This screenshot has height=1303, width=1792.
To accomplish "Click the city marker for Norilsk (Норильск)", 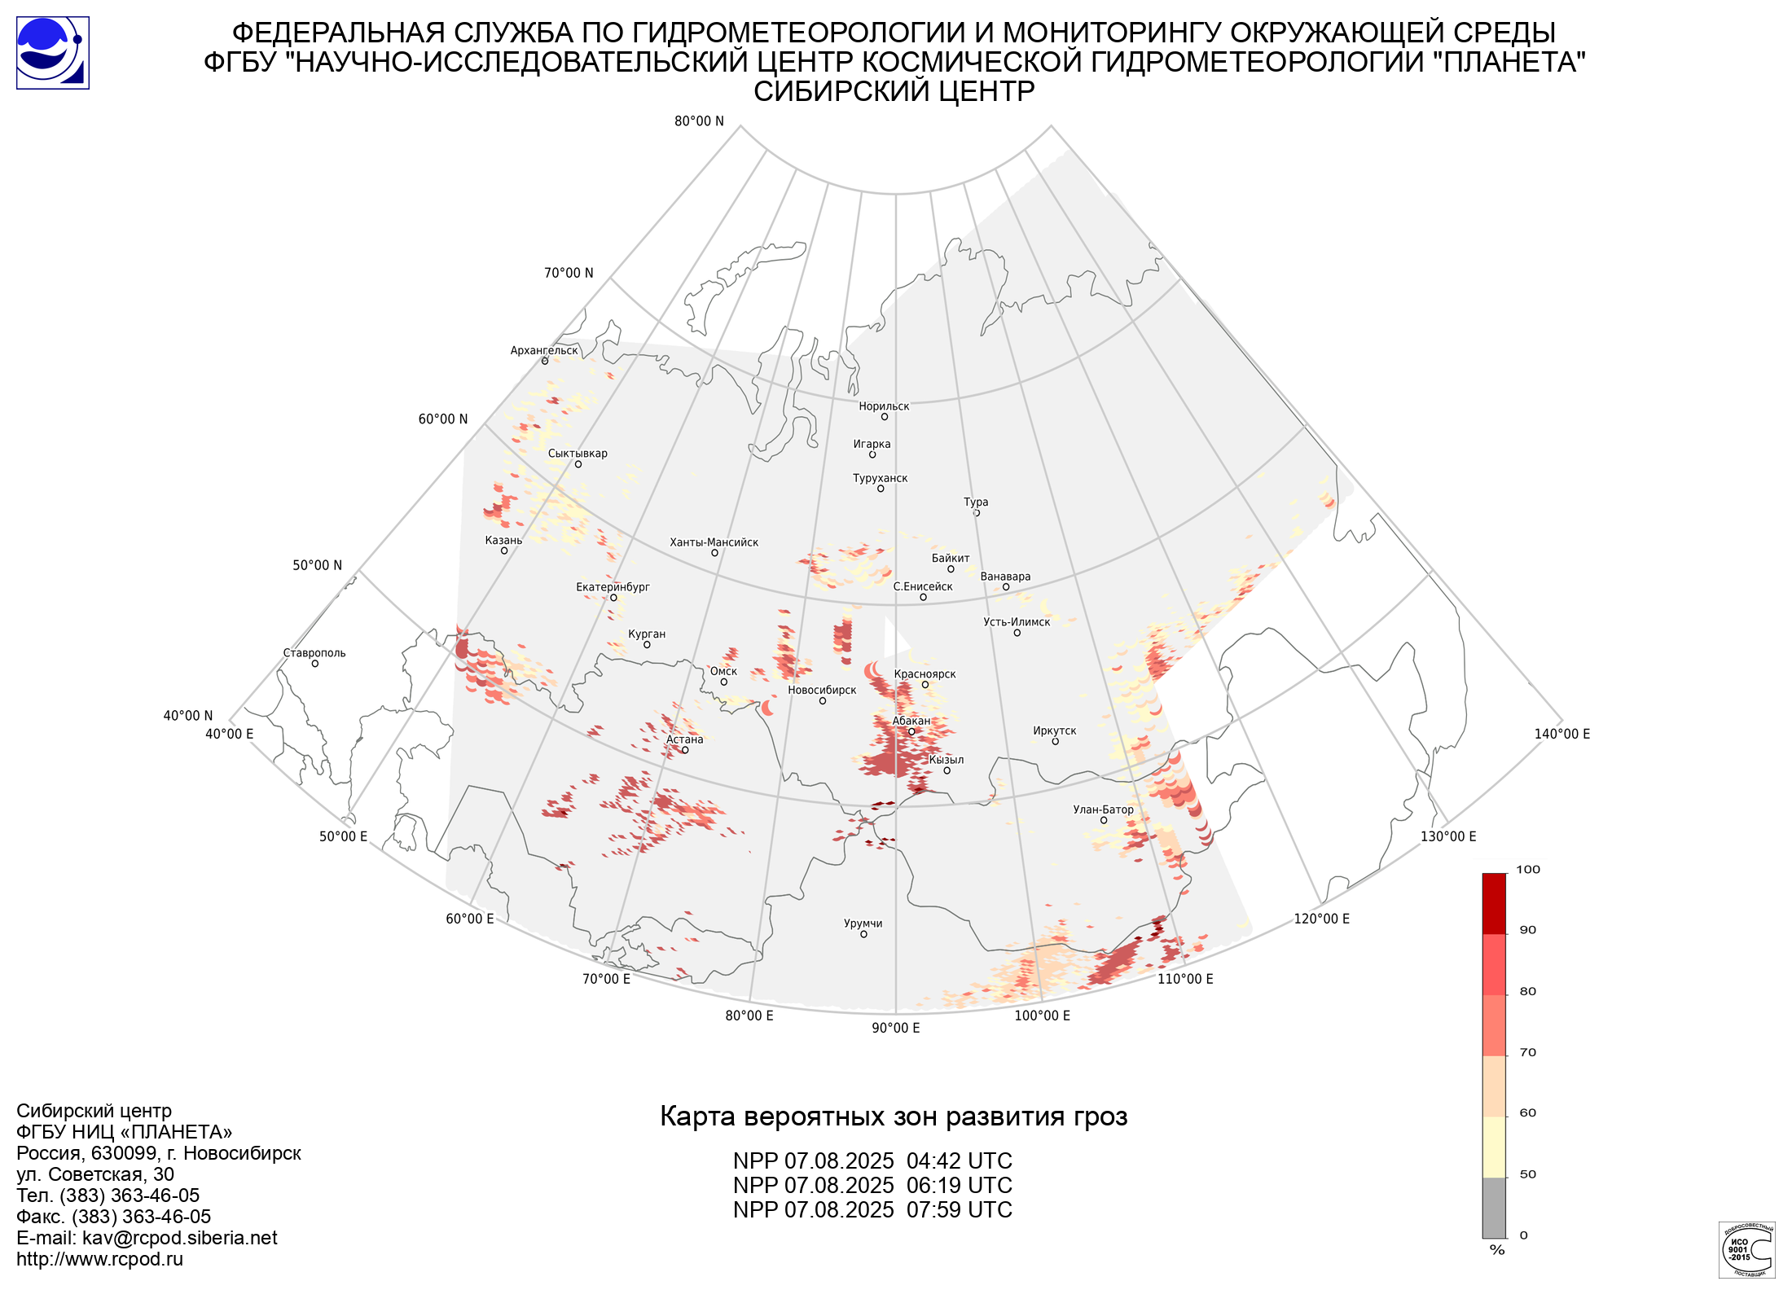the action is (884, 417).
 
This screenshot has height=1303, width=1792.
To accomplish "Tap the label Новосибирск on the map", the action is (822, 691).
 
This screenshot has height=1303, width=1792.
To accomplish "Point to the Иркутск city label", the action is (1055, 730).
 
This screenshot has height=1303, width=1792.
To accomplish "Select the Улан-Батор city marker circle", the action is (1104, 820).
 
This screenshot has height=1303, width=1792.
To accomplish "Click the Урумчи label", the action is (863, 924).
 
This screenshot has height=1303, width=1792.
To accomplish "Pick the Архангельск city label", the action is (544, 351).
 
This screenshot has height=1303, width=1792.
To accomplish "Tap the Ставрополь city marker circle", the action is (315, 664).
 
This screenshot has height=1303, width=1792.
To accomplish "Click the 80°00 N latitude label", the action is (699, 121).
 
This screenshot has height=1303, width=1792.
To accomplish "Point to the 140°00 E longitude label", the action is (1562, 734).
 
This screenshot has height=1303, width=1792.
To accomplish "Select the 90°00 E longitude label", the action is (896, 1028).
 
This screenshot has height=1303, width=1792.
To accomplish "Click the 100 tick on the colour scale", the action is (1528, 870).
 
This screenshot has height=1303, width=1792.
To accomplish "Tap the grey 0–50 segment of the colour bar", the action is (1494, 1208).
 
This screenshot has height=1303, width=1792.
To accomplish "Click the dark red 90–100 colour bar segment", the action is (1494, 904).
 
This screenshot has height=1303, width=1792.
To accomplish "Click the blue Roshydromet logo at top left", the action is (53, 53).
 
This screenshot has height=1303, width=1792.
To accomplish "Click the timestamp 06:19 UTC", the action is (960, 1186).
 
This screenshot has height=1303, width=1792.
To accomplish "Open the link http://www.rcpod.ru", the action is (99, 1259).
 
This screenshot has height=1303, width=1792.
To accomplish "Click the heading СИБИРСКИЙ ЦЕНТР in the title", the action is (894, 91).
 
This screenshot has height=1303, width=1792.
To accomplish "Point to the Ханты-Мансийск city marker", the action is (714, 553).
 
